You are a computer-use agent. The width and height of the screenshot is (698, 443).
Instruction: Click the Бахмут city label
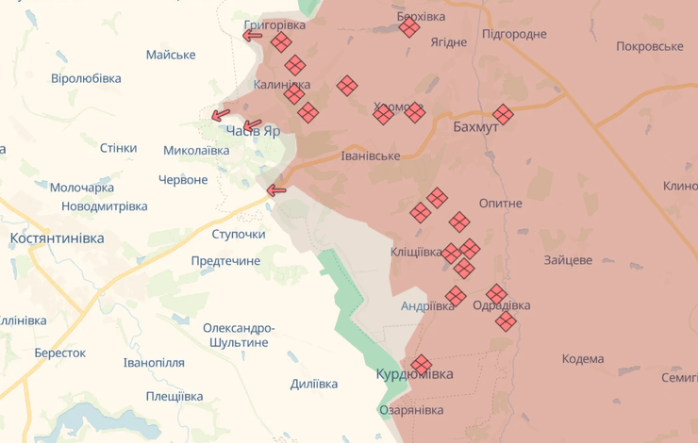(475, 127)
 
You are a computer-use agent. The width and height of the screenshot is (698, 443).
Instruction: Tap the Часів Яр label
(254, 132)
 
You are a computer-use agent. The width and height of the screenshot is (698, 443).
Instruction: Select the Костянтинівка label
(57, 238)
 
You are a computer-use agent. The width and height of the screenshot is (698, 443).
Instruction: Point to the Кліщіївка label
(416, 253)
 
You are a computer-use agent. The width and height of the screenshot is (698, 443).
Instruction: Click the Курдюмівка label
(414, 374)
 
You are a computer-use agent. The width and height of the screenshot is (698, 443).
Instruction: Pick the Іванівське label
(371, 156)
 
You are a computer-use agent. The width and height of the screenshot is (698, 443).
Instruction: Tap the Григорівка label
(274, 25)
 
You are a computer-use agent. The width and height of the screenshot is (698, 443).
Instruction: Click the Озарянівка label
(410, 410)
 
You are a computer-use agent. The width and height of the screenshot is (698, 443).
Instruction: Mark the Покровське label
(649, 46)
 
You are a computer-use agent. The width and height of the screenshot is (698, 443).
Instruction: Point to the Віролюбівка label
(86, 78)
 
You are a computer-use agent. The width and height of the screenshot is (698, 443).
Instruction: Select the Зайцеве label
(568, 259)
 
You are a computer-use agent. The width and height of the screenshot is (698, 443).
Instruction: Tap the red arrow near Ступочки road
(275, 190)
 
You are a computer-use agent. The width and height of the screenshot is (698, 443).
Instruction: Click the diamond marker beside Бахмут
(503, 114)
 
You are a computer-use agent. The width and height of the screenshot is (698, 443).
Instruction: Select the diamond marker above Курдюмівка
(421, 364)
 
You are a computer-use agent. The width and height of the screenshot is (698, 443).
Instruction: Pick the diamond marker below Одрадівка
(507, 321)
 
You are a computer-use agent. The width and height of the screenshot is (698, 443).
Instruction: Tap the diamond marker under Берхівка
(409, 28)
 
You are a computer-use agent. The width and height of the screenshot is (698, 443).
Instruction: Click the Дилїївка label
(314, 384)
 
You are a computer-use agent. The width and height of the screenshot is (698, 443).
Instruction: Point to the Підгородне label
(514, 34)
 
